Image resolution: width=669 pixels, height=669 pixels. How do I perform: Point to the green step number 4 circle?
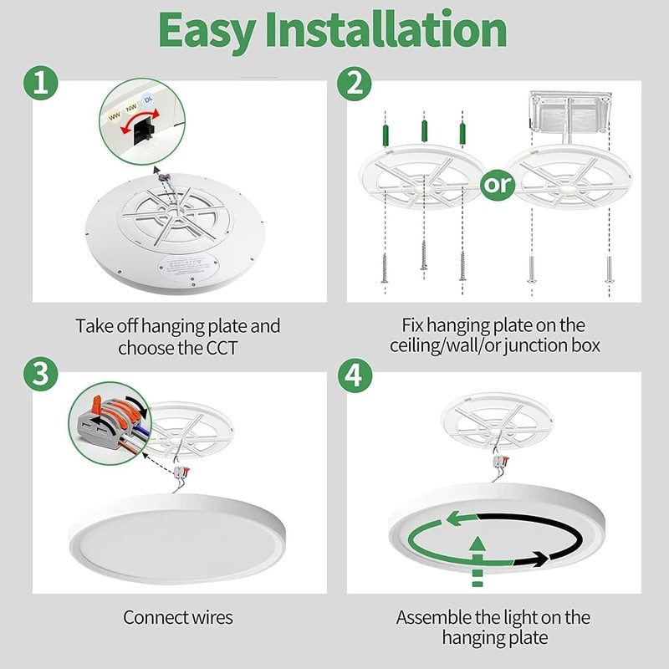coord(355,374)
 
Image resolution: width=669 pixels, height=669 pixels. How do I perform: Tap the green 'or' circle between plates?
coord(499,183)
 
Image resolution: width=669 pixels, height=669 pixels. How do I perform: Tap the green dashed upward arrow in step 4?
coord(477,560)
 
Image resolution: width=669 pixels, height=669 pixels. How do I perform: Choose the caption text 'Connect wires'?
coord(177,618)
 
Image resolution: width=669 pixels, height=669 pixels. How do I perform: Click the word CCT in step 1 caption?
coord(220,347)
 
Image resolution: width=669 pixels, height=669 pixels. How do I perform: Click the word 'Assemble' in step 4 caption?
coord(432,618)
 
